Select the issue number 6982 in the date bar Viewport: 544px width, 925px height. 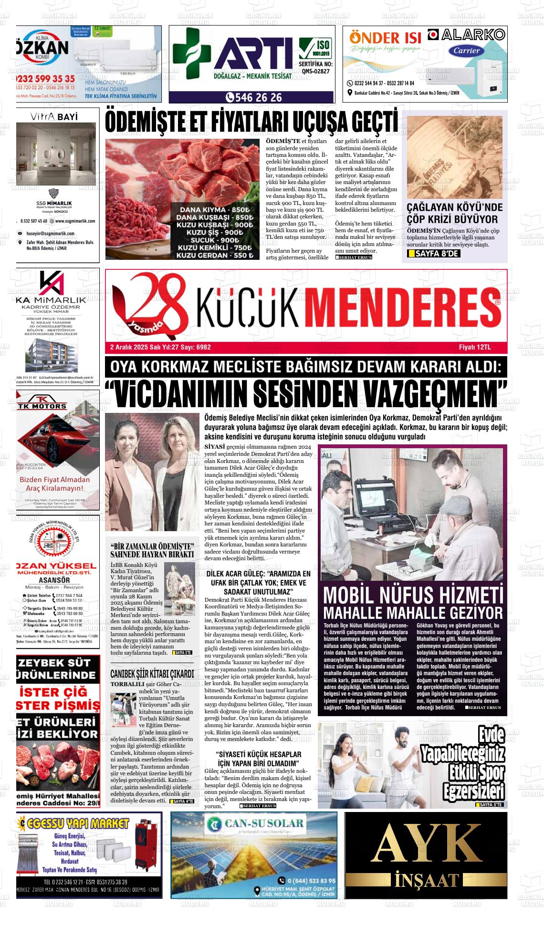click(x=203, y=347)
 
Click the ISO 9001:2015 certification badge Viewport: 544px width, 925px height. click(x=315, y=48)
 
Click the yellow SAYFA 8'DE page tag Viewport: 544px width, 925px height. click(x=434, y=254)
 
